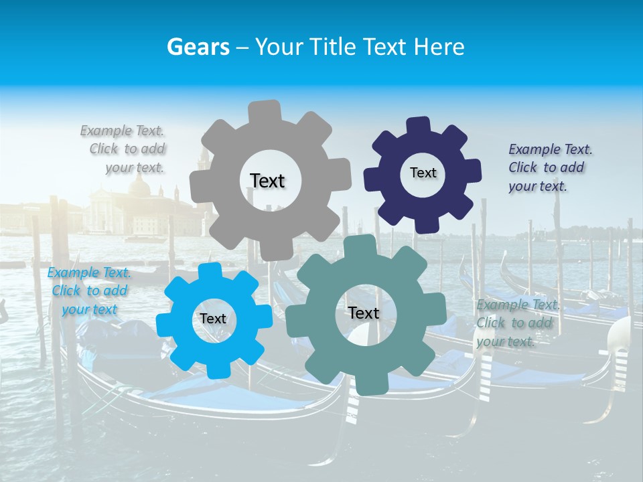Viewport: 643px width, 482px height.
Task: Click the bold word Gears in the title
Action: [x=198, y=47]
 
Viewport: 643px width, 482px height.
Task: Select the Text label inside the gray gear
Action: [x=267, y=181]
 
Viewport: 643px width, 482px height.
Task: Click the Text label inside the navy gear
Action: [x=423, y=173]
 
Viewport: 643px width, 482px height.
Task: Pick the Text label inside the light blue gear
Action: [x=213, y=319]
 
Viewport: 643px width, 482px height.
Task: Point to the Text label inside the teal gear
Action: [x=363, y=313]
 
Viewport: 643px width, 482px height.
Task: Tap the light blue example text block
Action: [x=89, y=291]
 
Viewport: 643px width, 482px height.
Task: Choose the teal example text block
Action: [x=516, y=323]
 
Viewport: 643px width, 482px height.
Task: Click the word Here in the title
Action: [x=439, y=47]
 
